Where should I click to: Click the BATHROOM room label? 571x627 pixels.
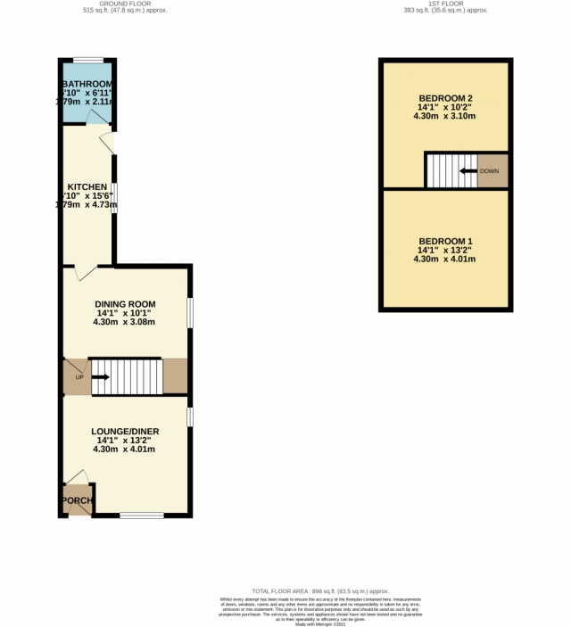(87, 85)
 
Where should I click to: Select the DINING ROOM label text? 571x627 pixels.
(126, 304)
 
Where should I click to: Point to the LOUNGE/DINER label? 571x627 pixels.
(125, 431)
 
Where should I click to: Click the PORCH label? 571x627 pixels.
(78, 500)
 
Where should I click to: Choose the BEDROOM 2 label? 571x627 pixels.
(444, 98)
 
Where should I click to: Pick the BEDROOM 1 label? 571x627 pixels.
(444, 242)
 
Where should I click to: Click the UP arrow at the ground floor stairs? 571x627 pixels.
(99, 377)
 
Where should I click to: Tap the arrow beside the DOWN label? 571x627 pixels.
(468, 171)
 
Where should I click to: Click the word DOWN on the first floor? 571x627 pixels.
(489, 171)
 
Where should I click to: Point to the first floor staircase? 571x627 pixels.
(450, 171)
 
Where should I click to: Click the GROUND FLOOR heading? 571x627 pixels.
(124, 4)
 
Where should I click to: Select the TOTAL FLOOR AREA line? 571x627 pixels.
(320, 591)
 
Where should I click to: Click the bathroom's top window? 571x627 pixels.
(87, 60)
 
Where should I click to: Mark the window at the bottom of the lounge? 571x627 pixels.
(141, 515)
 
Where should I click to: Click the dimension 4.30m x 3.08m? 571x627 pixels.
(125, 322)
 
